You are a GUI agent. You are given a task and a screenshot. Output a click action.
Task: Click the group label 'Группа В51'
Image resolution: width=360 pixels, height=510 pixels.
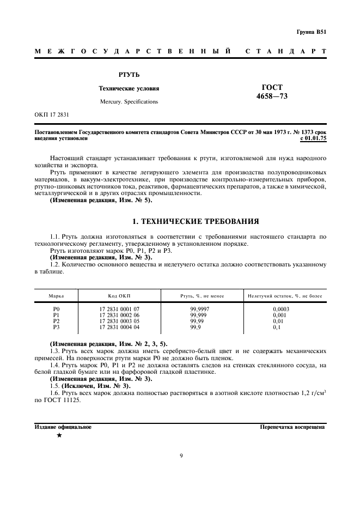312,32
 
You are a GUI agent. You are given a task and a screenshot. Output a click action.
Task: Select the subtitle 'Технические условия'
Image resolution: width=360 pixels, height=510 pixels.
129,88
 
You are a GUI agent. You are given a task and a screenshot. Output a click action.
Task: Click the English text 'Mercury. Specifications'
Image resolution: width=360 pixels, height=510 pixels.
129,102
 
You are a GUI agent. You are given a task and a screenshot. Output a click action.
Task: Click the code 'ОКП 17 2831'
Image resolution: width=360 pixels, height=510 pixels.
52,115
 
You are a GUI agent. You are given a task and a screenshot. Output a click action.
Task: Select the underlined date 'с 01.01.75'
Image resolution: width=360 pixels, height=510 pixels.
313,139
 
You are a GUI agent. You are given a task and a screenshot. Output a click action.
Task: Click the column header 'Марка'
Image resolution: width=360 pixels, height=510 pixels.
56,295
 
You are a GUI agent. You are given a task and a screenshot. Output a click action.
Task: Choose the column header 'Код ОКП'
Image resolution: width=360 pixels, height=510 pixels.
119,295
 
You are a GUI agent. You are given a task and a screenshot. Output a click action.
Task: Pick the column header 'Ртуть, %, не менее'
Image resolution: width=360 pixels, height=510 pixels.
198,295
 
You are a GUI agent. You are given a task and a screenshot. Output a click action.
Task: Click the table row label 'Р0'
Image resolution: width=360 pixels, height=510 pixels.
56,309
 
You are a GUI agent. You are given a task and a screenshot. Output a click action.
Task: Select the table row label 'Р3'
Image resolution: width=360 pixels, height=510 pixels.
56,327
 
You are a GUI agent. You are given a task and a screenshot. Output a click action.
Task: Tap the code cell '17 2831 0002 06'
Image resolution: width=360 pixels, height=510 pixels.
119,315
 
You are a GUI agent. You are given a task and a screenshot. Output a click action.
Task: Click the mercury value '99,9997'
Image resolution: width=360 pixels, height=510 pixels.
198,309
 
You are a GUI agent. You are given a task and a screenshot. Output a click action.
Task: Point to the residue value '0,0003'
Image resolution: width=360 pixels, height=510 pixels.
280,309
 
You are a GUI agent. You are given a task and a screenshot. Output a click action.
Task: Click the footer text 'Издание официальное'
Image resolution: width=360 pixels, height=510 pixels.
63,427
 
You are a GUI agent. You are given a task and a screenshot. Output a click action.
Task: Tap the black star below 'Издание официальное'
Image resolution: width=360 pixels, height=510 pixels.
59,436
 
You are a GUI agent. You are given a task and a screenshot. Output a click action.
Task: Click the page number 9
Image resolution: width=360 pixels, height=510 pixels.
180,456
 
